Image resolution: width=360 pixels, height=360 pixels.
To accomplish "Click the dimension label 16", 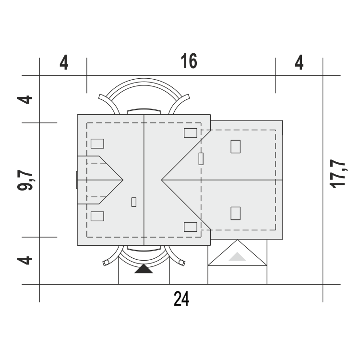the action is tap(189, 61).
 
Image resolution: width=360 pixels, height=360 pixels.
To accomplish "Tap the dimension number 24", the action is tap(181, 299).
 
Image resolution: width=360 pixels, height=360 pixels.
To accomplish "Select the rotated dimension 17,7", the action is tap(337, 174).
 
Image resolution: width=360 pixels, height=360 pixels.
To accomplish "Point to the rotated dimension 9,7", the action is tap(25, 180).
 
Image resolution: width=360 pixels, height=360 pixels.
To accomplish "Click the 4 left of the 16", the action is tap(64, 62).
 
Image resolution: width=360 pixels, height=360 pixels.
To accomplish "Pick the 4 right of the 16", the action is tap(299, 62).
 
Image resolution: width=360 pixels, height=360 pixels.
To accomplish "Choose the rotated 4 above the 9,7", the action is tap(25, 100).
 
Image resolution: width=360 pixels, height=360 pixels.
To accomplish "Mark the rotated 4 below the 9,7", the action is tap(25, 260).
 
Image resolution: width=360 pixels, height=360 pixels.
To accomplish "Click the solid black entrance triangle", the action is tap(144, 269).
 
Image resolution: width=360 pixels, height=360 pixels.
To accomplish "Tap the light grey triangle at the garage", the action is tap(237, 257).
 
